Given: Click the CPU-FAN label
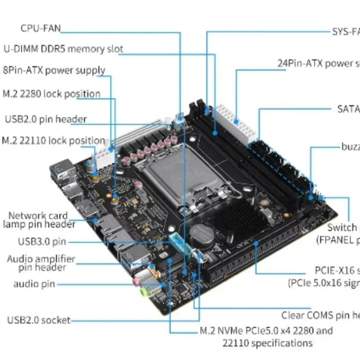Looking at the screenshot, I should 40,28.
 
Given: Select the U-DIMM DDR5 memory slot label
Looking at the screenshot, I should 63,49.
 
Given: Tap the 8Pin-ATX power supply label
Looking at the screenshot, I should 54,70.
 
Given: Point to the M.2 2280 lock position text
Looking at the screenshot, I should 51,94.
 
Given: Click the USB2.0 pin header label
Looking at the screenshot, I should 45,119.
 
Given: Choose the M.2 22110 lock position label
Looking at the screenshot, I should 53,140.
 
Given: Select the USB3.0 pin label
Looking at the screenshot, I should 42,242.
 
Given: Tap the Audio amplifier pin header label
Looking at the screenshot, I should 41,263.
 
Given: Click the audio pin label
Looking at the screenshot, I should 34,284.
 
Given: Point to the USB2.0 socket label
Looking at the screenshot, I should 39,320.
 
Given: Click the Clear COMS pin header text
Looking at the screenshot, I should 320,315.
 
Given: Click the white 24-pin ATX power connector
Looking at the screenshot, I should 236,124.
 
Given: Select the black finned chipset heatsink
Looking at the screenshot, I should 238,220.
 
